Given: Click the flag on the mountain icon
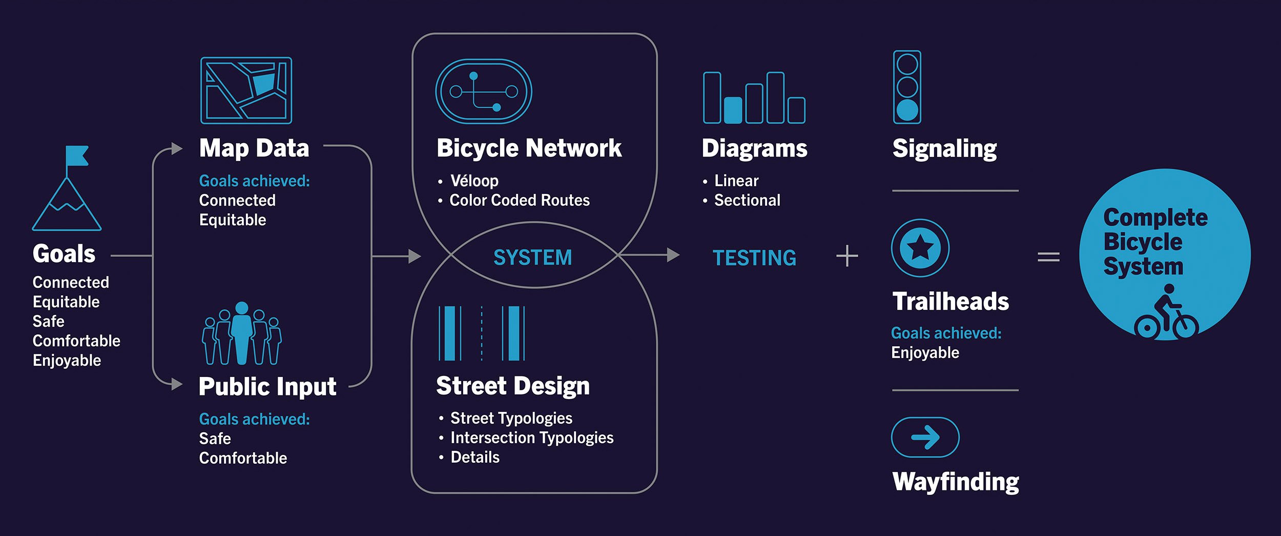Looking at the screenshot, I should tap(77, 155).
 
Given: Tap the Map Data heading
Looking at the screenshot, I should tap(254, 148).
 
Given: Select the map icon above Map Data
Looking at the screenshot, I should tap(246, 90).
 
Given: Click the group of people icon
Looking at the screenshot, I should tap(242, 334).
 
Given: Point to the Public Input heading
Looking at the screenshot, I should tap(267, 386).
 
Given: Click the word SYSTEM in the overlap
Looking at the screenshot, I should tap(532, 257).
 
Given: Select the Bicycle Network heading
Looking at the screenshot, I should tap(529, 148).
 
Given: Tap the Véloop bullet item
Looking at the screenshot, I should tap(474, 181).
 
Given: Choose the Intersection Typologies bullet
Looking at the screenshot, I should tap(531, 438).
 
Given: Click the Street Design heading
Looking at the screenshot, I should tap(513, 386).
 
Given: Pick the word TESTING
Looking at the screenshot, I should tap(754, 258).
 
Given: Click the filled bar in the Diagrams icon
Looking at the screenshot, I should tap(733, 110).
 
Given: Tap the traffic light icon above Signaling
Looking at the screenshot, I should tap(907, 87).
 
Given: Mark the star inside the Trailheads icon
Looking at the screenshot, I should tap(920, 248).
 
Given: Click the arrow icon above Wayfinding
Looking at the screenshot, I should tap(925, 438).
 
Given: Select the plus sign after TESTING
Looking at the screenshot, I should tap(847, 256).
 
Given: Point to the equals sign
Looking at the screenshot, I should tap(1048, 256).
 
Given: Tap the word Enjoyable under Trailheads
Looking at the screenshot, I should tap(925, 353).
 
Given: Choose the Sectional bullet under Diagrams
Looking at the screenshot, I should tap(747, 200).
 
